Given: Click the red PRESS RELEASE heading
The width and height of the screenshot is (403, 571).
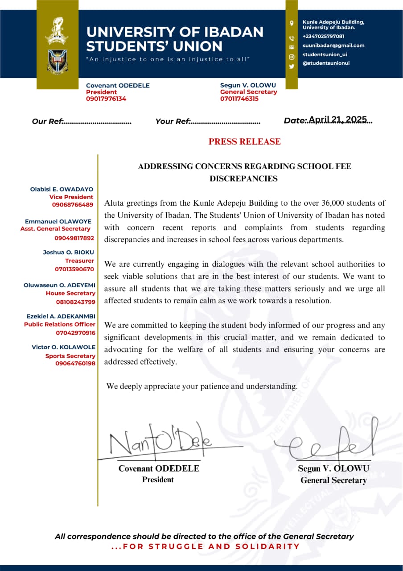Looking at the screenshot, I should click(x=244, y=142).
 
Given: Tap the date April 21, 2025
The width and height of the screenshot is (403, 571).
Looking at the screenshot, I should click(x=337, y=120).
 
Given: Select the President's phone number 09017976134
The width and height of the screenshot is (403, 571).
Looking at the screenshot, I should click(x=106, y=99).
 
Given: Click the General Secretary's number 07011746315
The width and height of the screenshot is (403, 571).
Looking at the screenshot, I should click(x=239, y=99).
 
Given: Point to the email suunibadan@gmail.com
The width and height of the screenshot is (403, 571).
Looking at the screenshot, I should click(x=333, y=46).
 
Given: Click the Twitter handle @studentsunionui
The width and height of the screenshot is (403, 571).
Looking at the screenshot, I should click(x=326, y=63).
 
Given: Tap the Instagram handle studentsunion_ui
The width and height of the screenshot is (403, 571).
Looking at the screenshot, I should click(x=325, y=54).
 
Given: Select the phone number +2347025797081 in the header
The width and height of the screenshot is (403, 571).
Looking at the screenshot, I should click(x=324, y=36).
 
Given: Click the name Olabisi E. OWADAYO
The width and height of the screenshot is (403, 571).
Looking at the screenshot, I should click(x=62, y=189).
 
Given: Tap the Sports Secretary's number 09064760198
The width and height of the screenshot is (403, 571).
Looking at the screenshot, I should click(x=75, y=364).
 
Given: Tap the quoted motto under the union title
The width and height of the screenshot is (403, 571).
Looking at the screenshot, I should click(x=168, y=59).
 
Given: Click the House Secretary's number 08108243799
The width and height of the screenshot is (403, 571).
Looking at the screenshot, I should click(x=75, y=302).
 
